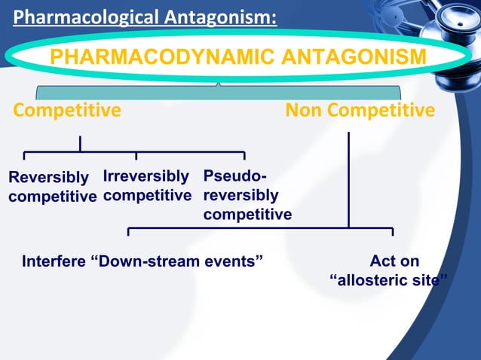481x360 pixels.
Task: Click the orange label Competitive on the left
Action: (x=67, y=111)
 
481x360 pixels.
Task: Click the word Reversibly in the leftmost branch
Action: (x=48, y=178)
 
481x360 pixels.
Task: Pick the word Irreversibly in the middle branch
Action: (x=146, y=176)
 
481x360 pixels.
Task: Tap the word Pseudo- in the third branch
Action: (x=234, y=176)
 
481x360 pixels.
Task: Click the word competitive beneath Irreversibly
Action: (x=148, y=196)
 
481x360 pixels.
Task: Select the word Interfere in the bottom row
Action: (x=54, y=262)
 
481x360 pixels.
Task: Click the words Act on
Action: (x=394, y=262)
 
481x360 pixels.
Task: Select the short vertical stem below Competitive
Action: (x=80, y=144)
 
